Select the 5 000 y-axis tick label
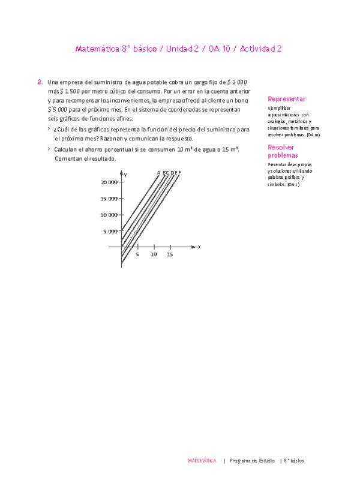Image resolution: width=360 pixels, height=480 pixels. tap(112, 231)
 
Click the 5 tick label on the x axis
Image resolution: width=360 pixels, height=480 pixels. tap(137, 254)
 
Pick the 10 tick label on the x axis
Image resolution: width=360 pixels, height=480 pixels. tap(154, 254)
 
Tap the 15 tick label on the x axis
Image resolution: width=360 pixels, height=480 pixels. tap(170, 254)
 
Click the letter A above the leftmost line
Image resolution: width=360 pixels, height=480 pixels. tap(159, 173)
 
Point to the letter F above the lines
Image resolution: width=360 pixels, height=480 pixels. tap(179, 173)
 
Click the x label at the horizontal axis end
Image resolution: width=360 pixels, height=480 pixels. tap(199, 247)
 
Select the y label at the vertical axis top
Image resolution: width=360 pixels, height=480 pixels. tap(125, 174)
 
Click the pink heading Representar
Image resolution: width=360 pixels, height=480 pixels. tap(287, 99)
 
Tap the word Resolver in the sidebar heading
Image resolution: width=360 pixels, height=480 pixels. tap(281, 147)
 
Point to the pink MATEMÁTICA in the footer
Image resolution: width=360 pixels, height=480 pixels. tap(202, 461)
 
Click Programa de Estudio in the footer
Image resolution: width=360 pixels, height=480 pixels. tap(252, 461)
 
